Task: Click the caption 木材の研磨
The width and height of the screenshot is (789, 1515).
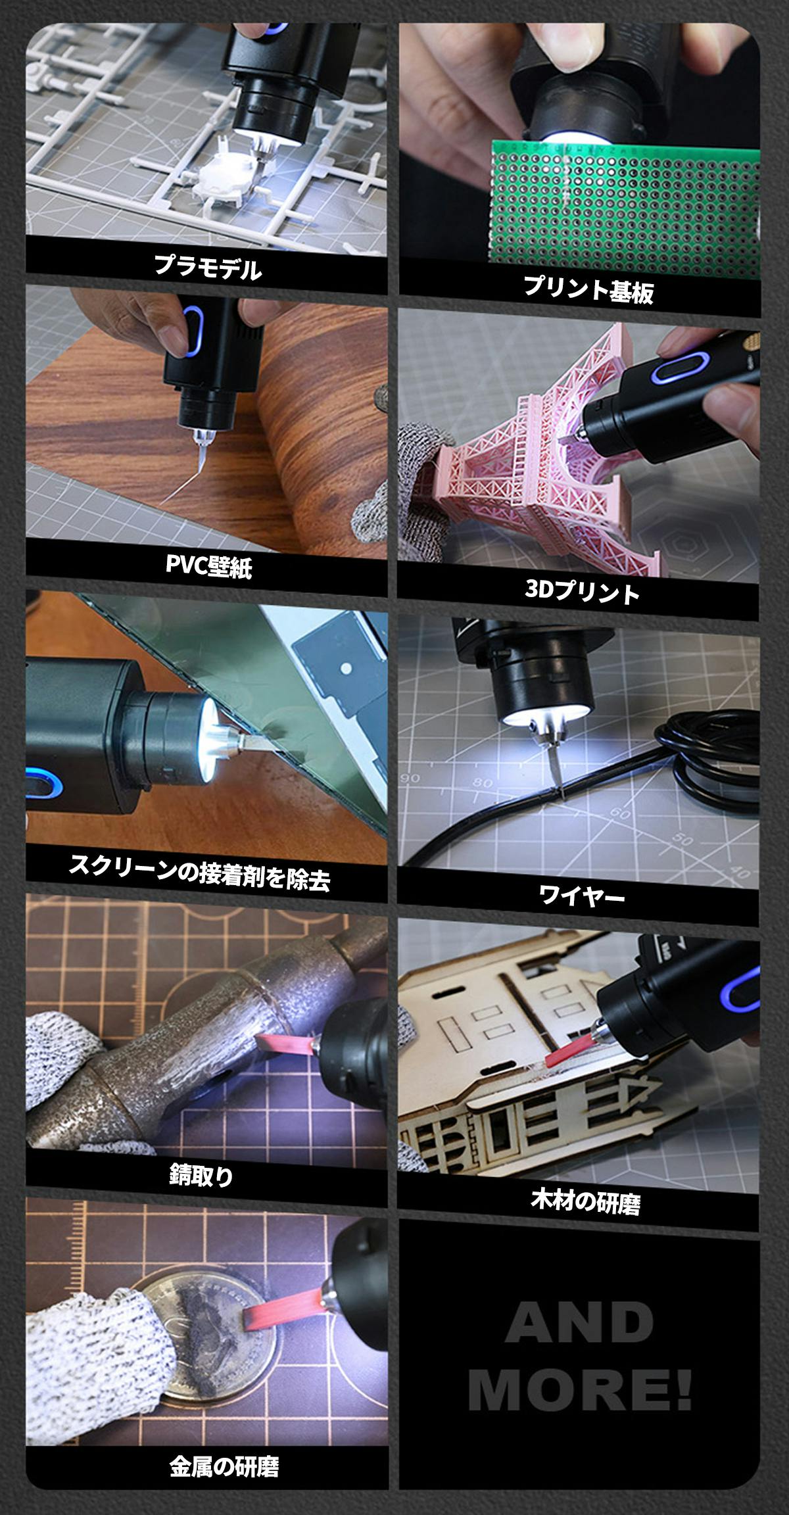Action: [585, 1202]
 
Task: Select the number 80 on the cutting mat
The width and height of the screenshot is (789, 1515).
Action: [485, 783]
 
